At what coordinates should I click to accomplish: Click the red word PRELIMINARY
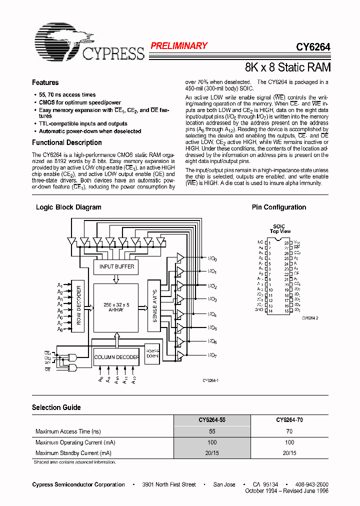coord(179,46)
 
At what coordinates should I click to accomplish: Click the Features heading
coord(45,82)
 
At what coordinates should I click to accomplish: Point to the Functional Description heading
coord(67,142)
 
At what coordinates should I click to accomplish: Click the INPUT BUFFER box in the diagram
coord(116,267)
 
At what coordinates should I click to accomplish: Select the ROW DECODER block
coord(78,305)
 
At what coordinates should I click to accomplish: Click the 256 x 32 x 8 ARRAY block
coord(116,307)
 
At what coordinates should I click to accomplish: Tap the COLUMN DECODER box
coord(116,357)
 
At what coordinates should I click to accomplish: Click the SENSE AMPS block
coord(154,305)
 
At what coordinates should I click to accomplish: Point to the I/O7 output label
coord(212,355)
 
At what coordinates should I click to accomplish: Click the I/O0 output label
coord(212,258)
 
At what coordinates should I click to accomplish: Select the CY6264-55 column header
coord(212,420)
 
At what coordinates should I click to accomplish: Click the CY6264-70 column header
coord(289,420)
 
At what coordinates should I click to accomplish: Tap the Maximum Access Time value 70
coord(289,431)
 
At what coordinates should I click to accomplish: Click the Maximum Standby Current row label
coord(73,453)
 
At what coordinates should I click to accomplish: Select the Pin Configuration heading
coord(279,207)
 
